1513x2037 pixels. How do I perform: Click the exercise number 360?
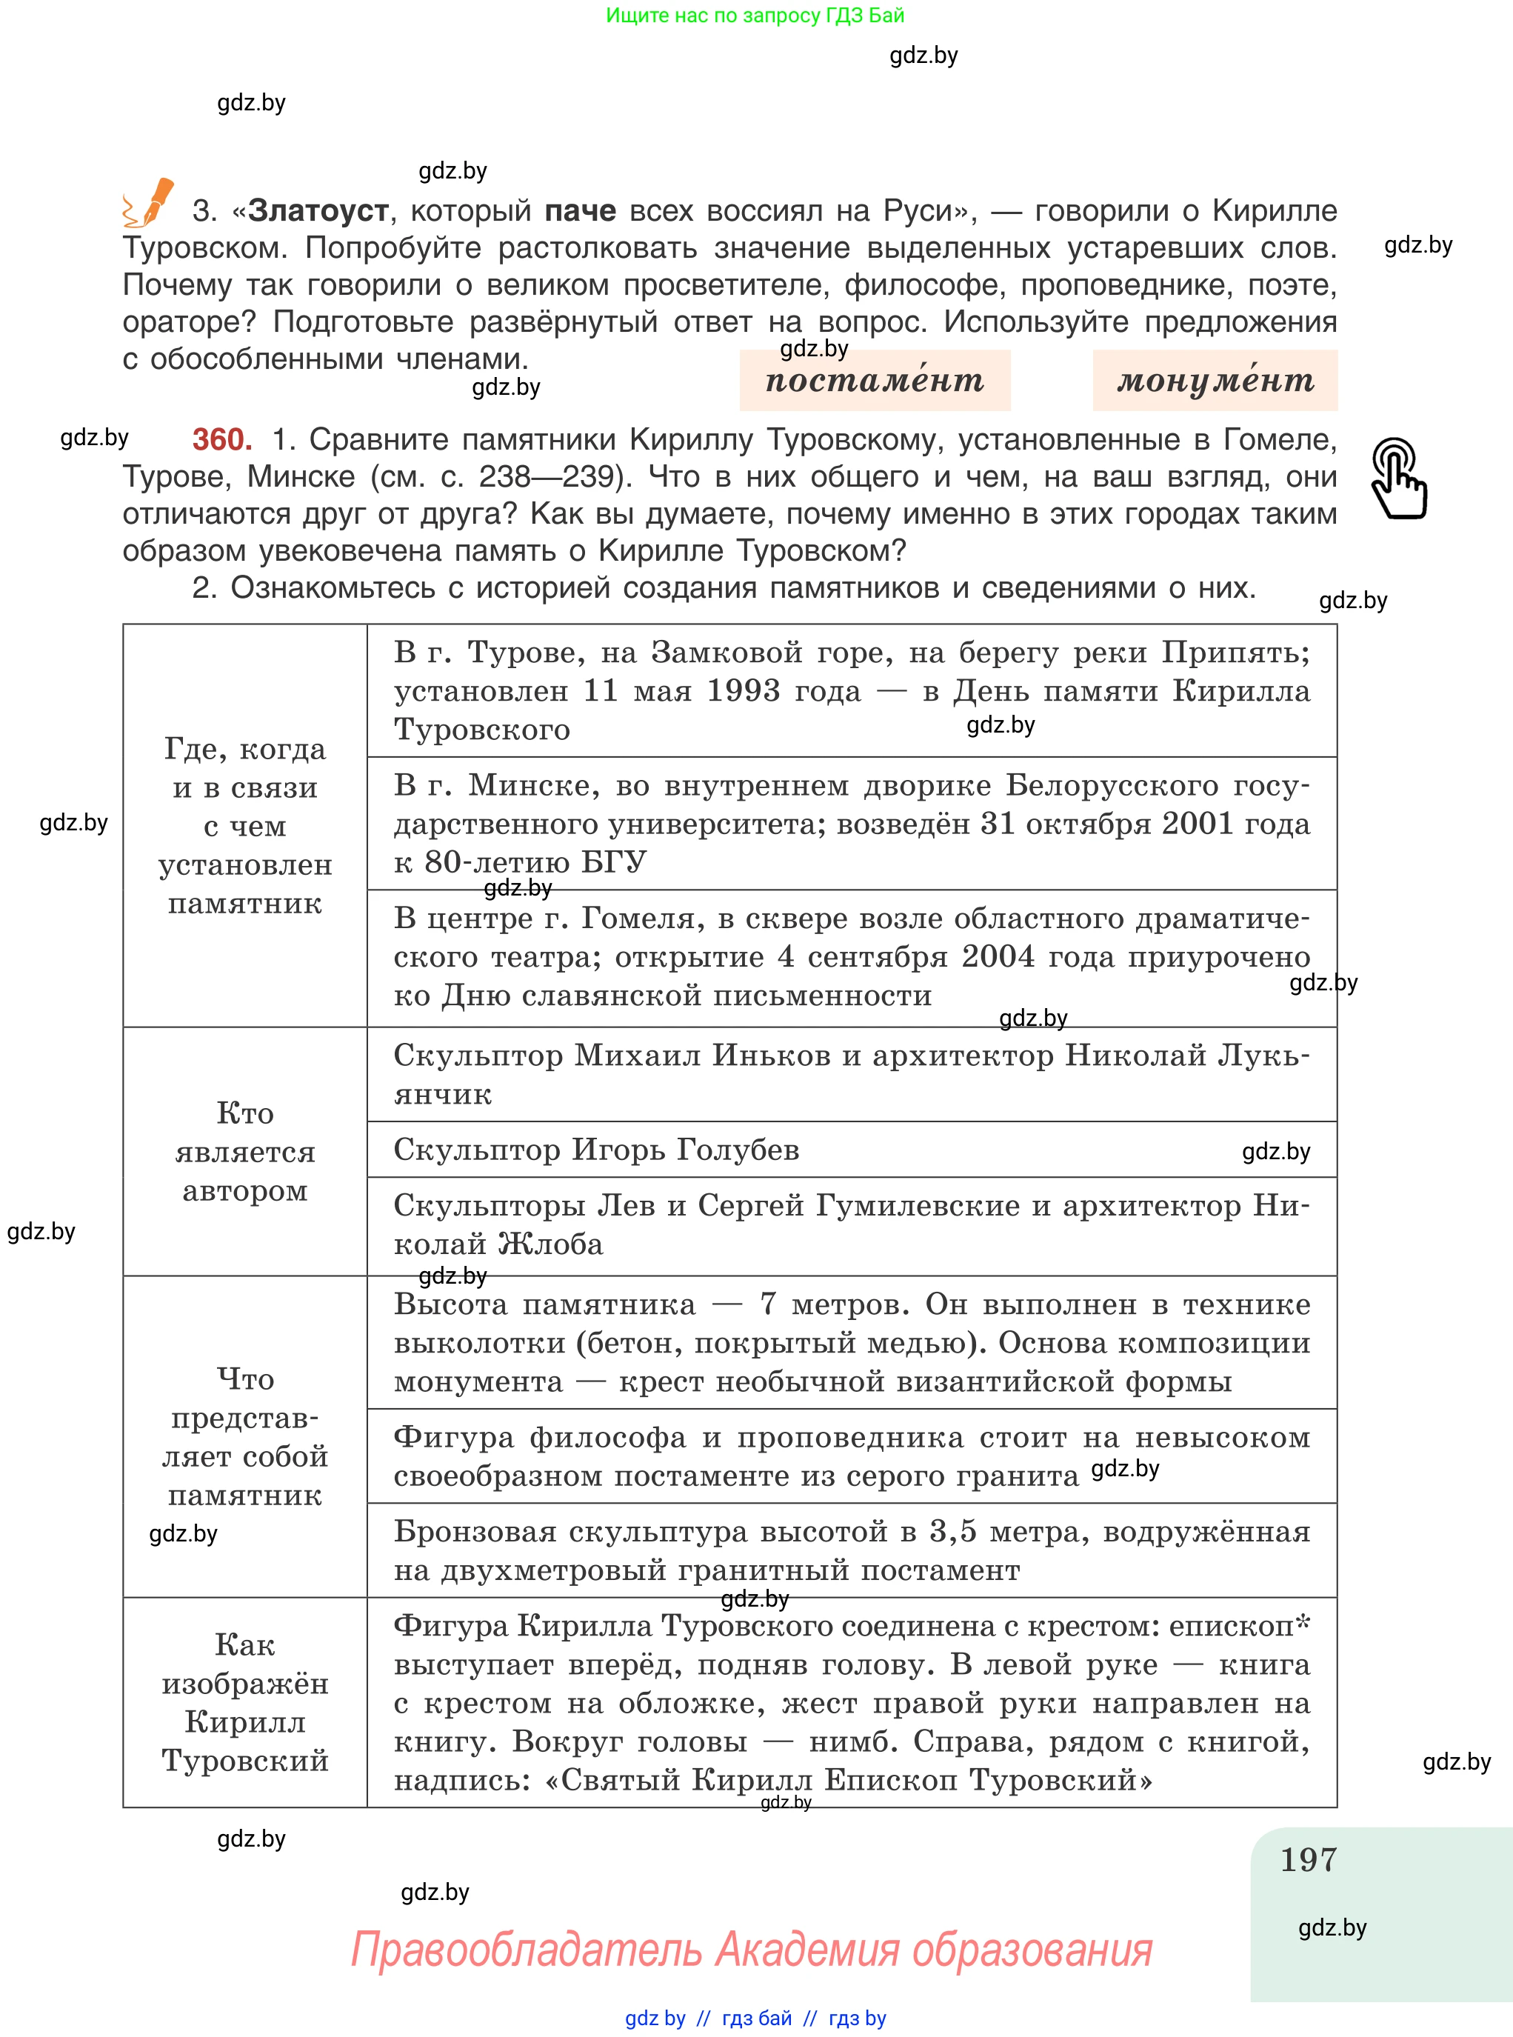[221, 440]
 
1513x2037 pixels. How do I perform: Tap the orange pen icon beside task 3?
[150, 204]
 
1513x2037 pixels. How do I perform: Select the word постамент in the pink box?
[875, 380]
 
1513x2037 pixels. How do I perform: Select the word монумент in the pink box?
[1215, 380]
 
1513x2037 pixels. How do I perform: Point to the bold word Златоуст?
[318, 210]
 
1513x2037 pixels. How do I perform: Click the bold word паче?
[580, 210]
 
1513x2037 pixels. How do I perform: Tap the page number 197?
[1308, 1860]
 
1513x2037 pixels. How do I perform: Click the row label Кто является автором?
[244, 1151]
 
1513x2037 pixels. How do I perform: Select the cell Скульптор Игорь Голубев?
[596, 1150]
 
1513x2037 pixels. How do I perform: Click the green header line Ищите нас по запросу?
[755, 15]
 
